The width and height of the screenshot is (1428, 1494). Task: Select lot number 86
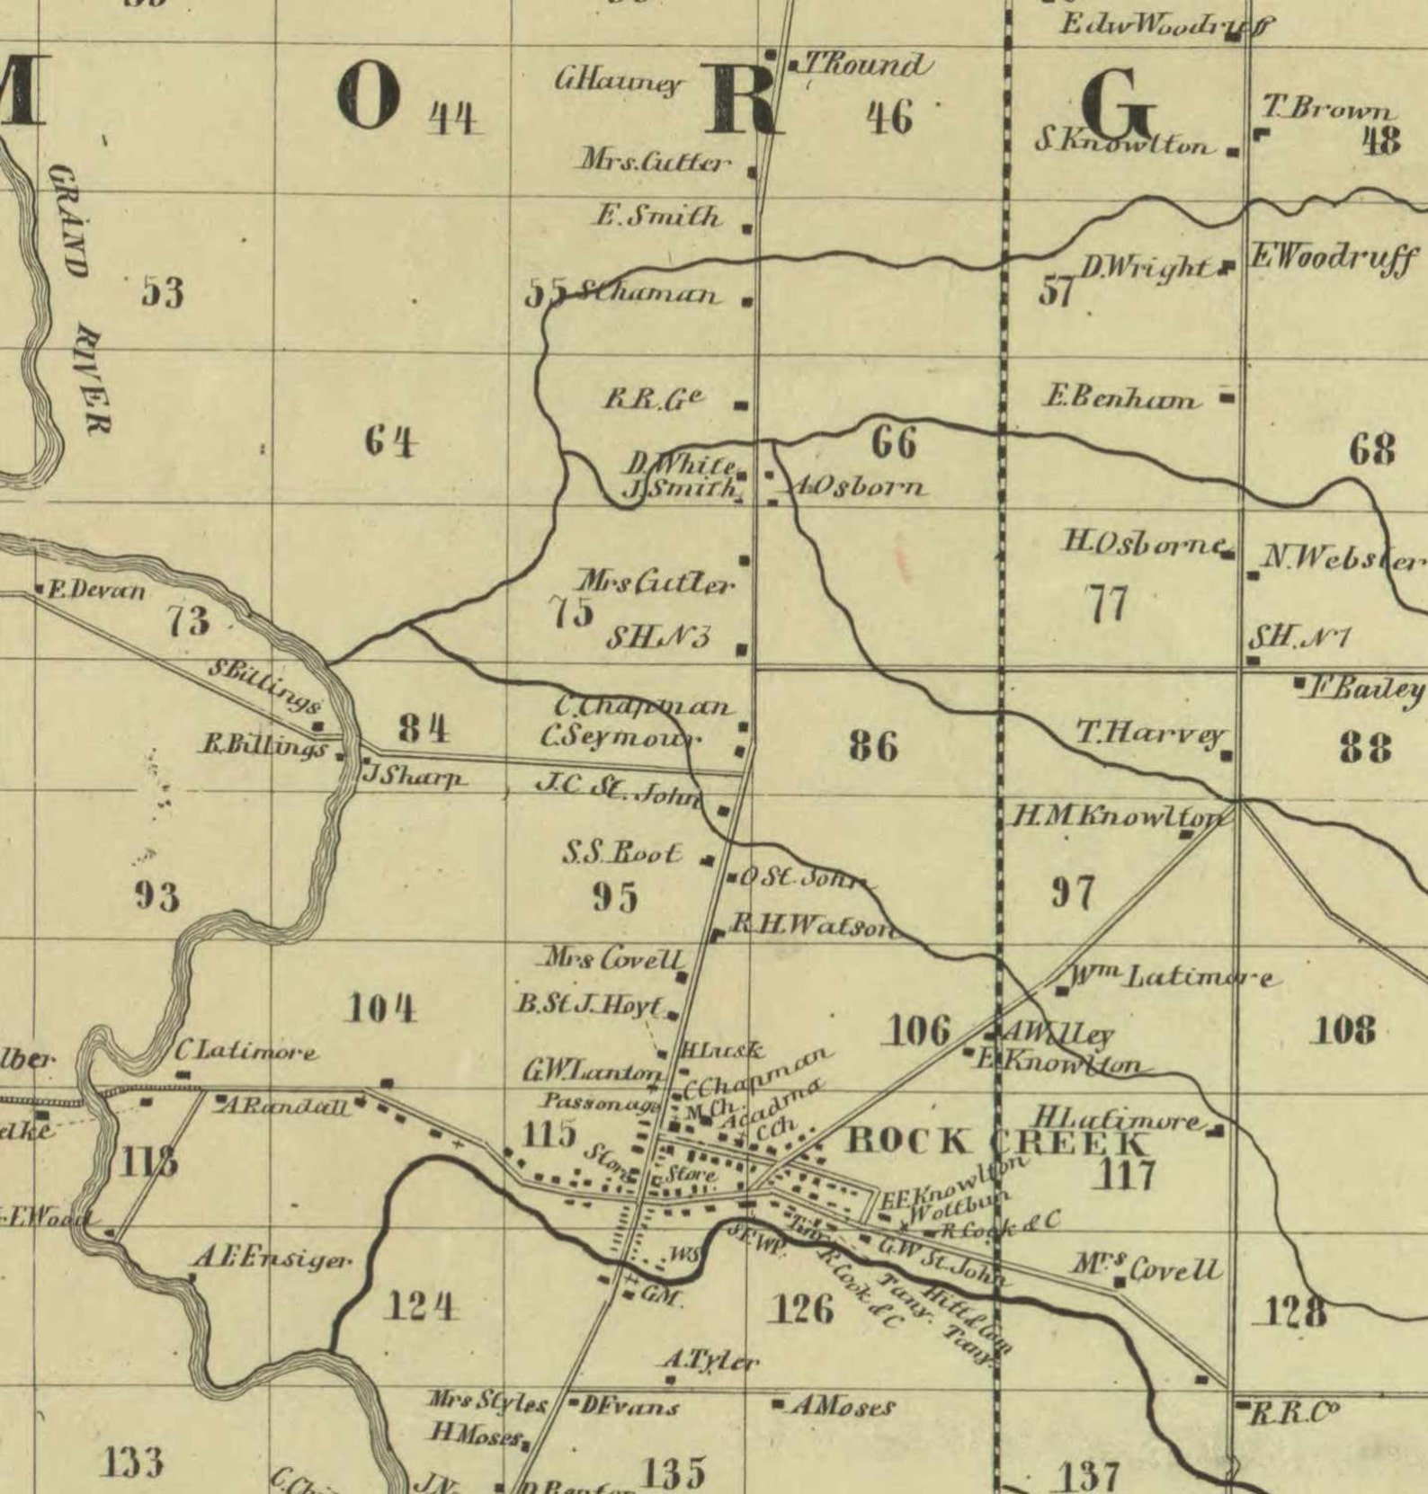coord(873,746)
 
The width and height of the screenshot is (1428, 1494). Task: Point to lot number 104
coord(382,1009)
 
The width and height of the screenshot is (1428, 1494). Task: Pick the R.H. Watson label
coord(809,925)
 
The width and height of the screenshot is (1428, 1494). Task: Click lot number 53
coord(163,293)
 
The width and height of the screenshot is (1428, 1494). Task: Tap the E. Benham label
coord(1120,397)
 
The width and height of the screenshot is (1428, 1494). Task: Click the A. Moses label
coord(842,1407)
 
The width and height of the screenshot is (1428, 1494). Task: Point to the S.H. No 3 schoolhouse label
coord(658,637)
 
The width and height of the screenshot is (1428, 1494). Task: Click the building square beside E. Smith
coord(746,229)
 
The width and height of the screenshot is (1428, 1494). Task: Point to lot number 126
coord(802,1309)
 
